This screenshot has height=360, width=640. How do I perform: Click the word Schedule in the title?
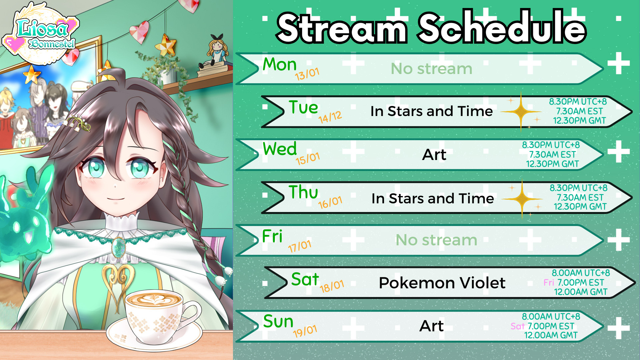(502, 27)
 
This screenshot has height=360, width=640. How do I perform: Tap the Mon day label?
(279, 64)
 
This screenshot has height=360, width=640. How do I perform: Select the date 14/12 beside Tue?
(330, 117)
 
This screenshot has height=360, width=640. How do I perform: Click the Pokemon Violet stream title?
(442, 283)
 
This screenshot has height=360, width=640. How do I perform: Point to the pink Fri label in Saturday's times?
(549, 283)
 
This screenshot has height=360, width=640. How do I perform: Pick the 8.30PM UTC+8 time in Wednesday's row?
(551, 145)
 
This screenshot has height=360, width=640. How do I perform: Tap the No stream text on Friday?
(436, 240)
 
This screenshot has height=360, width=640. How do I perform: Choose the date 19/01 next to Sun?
(305, 331)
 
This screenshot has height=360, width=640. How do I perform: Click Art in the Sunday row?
(432, 326)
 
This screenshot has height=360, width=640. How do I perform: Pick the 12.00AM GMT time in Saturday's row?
(580, 292)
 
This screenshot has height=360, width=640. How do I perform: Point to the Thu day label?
(303, 192)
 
